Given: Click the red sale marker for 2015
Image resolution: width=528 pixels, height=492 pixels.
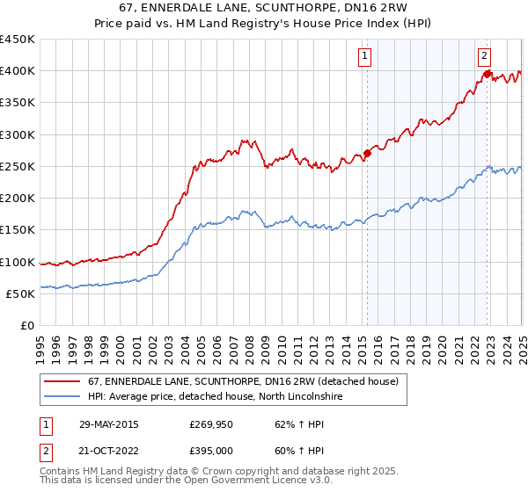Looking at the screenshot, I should click(x=367, y=153).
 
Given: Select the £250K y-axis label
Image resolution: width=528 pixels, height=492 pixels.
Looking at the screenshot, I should click(x=18, y=166).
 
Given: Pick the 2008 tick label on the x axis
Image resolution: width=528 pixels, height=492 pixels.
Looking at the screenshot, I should click(x=250, y=344).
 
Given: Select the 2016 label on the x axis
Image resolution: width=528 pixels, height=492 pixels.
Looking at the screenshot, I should click(x=378, y=344).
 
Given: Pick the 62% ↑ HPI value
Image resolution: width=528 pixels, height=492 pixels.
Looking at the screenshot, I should click(x=288, y=424).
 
